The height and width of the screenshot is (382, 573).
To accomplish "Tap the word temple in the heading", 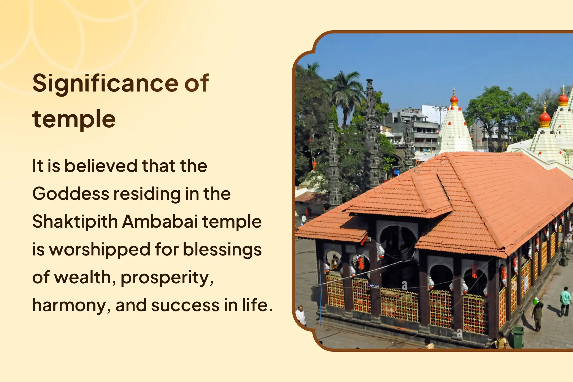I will click(x=74, y=119).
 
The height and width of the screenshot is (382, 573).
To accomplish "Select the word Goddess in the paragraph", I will click(x=70, y=194).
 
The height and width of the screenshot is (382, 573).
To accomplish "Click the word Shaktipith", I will click(x=75, y=222).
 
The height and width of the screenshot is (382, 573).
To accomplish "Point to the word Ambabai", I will click(x=160, y=222).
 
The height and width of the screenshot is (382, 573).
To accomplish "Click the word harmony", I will click(x=71, y=306).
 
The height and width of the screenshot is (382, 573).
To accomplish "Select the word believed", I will click(x=101, y=166).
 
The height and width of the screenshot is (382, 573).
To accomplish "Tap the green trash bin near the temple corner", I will click(x=518, y=336).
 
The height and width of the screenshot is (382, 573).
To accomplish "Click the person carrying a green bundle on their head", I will click(x=537, y=313).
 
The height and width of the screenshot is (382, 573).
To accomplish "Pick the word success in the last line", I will click(x=185, y=305).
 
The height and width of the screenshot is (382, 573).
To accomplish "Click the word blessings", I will click(x=222, y=250).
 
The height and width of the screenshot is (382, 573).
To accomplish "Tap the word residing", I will click(x=147, y=194).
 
